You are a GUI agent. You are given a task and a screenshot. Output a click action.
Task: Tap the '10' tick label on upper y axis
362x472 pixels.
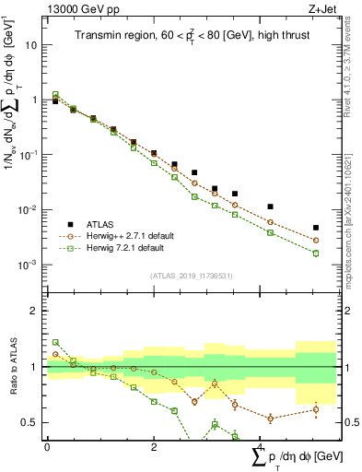31,45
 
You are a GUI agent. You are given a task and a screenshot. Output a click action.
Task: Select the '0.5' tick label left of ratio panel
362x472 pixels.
29,423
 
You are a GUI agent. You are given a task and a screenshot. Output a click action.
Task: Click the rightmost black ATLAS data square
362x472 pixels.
315,228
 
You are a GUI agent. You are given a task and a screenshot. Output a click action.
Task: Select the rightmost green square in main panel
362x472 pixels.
315,253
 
